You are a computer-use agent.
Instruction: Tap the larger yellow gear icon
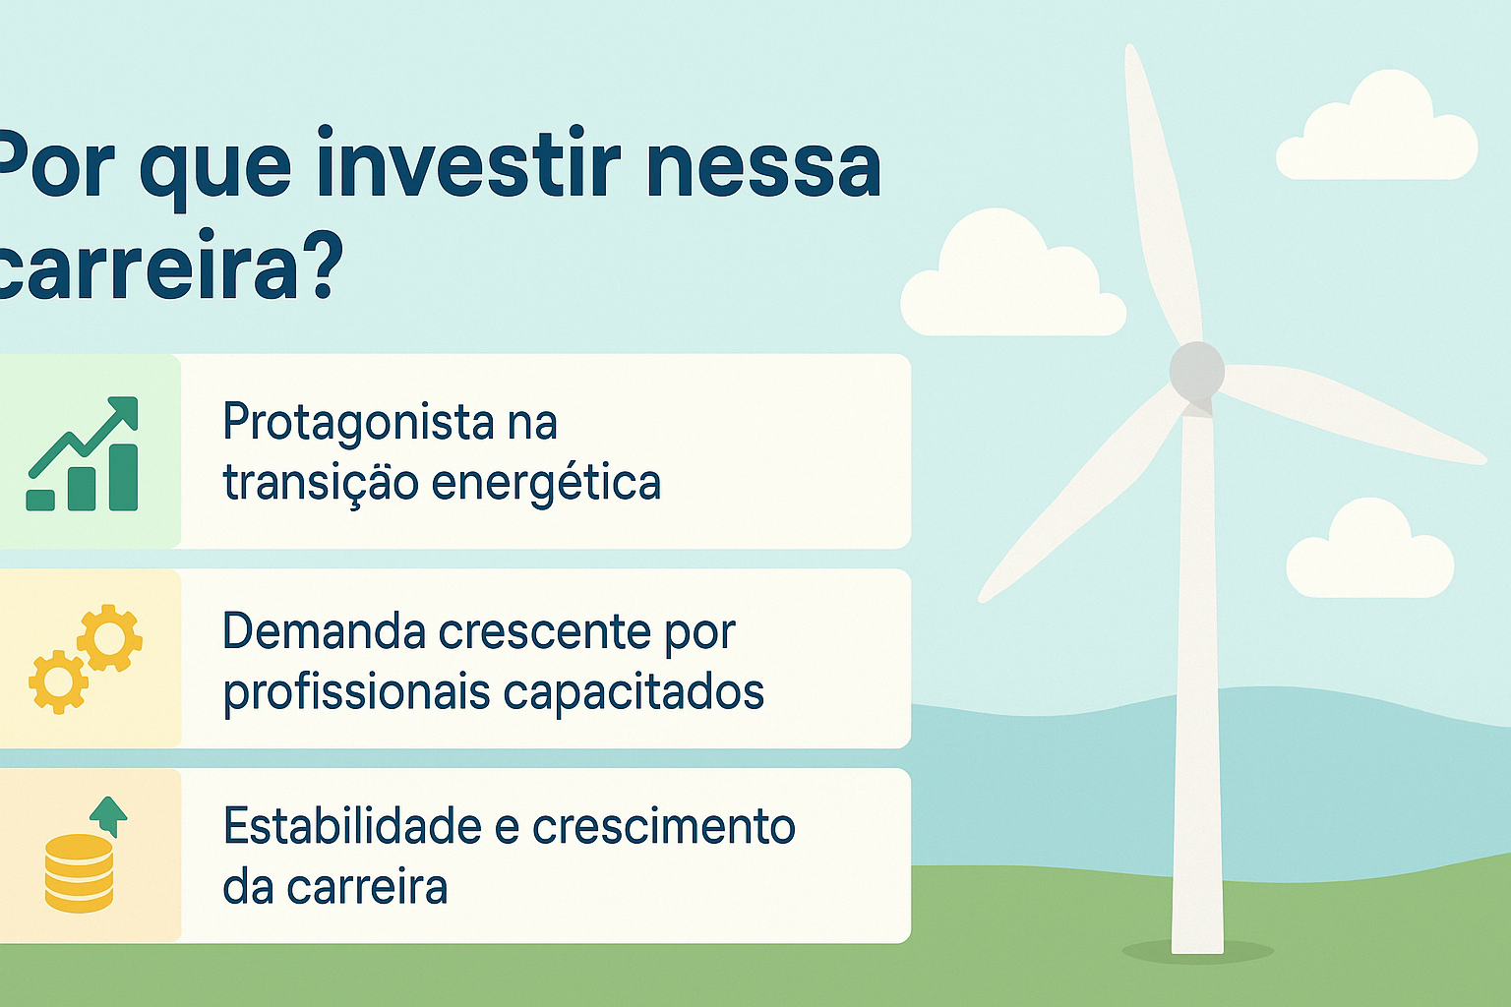pyautogui.click(x=109, y=638)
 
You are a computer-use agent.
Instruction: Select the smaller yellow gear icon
pyautogui.click(x=58, y=681)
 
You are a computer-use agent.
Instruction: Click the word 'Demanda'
pyautogui.click(x=324, y=631)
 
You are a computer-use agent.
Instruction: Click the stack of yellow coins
pyautogui.click(x=79, y=872)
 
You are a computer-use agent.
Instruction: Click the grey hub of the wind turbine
pyautogui.click(x=1196, y=371)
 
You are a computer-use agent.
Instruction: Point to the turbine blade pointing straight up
pyautogui.click(x=1161, y=197)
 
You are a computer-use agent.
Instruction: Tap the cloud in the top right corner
pyautogui.click(x=1377, y=133)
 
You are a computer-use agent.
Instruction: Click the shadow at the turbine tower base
pyautogui.click(x=1198, y=951)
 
